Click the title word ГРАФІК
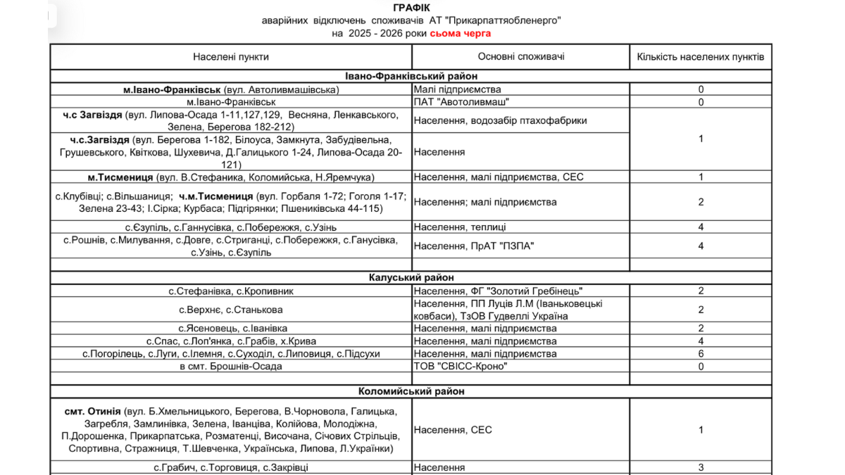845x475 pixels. click(411, 8)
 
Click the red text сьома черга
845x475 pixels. click(461, 33)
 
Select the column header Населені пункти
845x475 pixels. click(231, 57)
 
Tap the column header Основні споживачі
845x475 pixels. click(521, 57)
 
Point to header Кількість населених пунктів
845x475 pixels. click(701, 57)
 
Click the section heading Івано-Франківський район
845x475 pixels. click(411, 76)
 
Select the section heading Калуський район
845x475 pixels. click(412, 278)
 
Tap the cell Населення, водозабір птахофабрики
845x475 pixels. click(501, 120)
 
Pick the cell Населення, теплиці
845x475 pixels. click(460, 227)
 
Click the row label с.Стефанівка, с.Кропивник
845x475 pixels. click(231, 291)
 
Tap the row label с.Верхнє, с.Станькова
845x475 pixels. click(231, 310)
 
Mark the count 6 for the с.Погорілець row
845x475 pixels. click(701, 353)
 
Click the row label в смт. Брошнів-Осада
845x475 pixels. click(231, 366)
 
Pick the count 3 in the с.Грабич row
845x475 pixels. click(701, 467)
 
